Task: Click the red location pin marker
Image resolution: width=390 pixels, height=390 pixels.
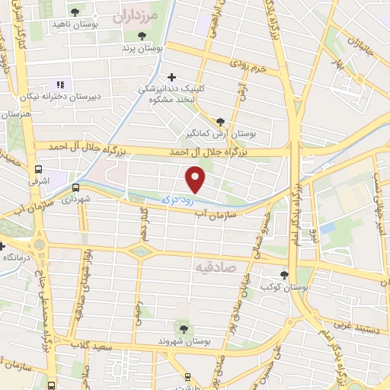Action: (196, 180)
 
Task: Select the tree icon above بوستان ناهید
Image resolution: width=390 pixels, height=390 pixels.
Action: (75, 12)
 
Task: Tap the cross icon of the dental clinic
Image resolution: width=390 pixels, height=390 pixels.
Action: (172, 77)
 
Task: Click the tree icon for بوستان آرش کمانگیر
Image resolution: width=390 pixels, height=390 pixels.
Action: (221, 121)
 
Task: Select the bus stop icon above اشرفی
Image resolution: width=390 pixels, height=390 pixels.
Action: (39, 171)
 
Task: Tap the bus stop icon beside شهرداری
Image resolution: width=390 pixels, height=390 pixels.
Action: (75, 187)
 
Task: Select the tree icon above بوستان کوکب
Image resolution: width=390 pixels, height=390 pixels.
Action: (284, 275)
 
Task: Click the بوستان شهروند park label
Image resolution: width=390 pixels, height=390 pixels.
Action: (184, 343)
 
